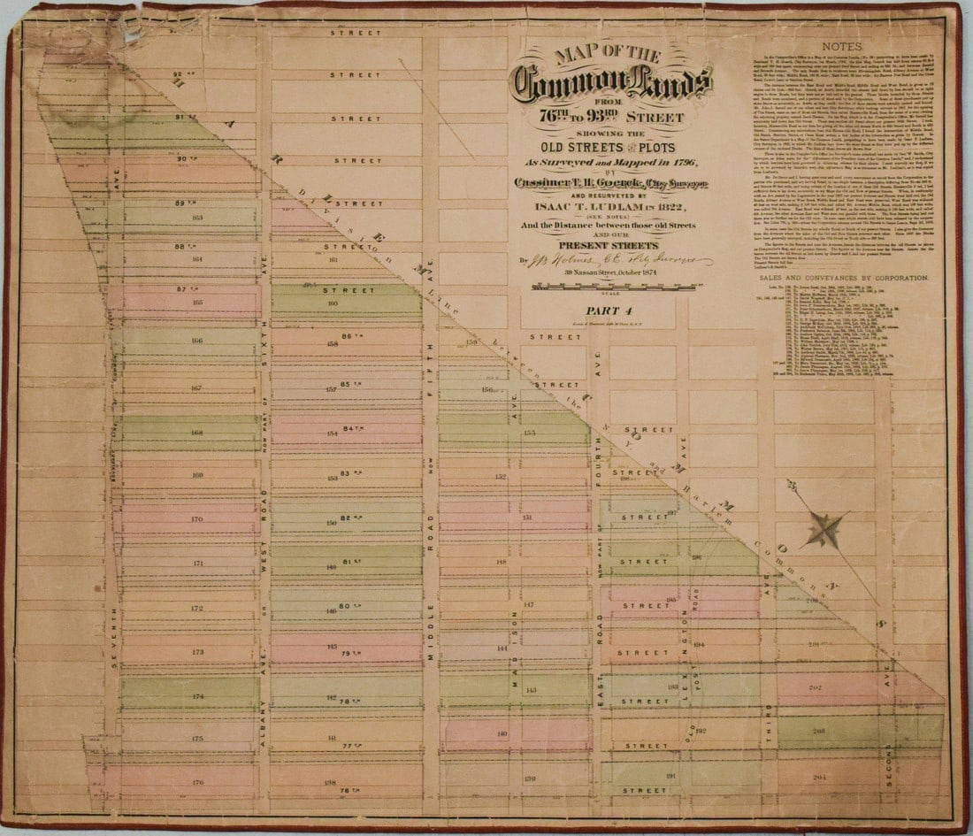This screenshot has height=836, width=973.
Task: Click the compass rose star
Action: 824,529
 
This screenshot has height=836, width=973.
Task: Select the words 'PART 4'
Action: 610,311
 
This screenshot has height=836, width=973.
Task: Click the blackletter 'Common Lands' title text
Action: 613,84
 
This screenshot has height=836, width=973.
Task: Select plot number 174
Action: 197,696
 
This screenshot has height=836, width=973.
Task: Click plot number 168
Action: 197,433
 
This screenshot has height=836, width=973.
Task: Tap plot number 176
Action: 197,781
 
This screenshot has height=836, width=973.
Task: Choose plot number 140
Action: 502,733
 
